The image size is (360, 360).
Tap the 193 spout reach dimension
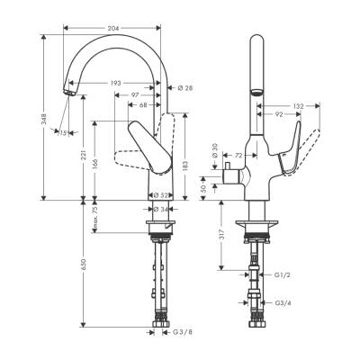pos(116,84)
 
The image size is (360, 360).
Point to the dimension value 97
pos(135,94)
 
